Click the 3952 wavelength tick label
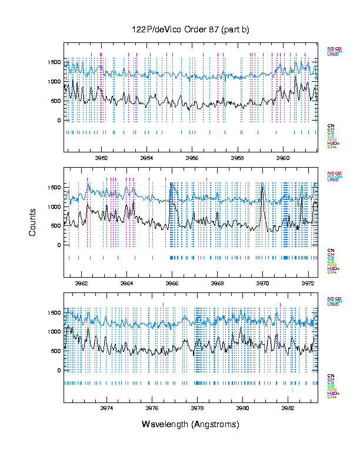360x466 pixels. [x=101, y=158]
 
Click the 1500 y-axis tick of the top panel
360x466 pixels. [x=53, y=62]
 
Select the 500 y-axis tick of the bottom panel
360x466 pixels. [x=55, y=351]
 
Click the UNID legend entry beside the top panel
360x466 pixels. [x=332, y=55]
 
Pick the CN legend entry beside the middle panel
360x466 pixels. [x=331, y=251]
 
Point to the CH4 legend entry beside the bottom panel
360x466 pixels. [x=332, y=397]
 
